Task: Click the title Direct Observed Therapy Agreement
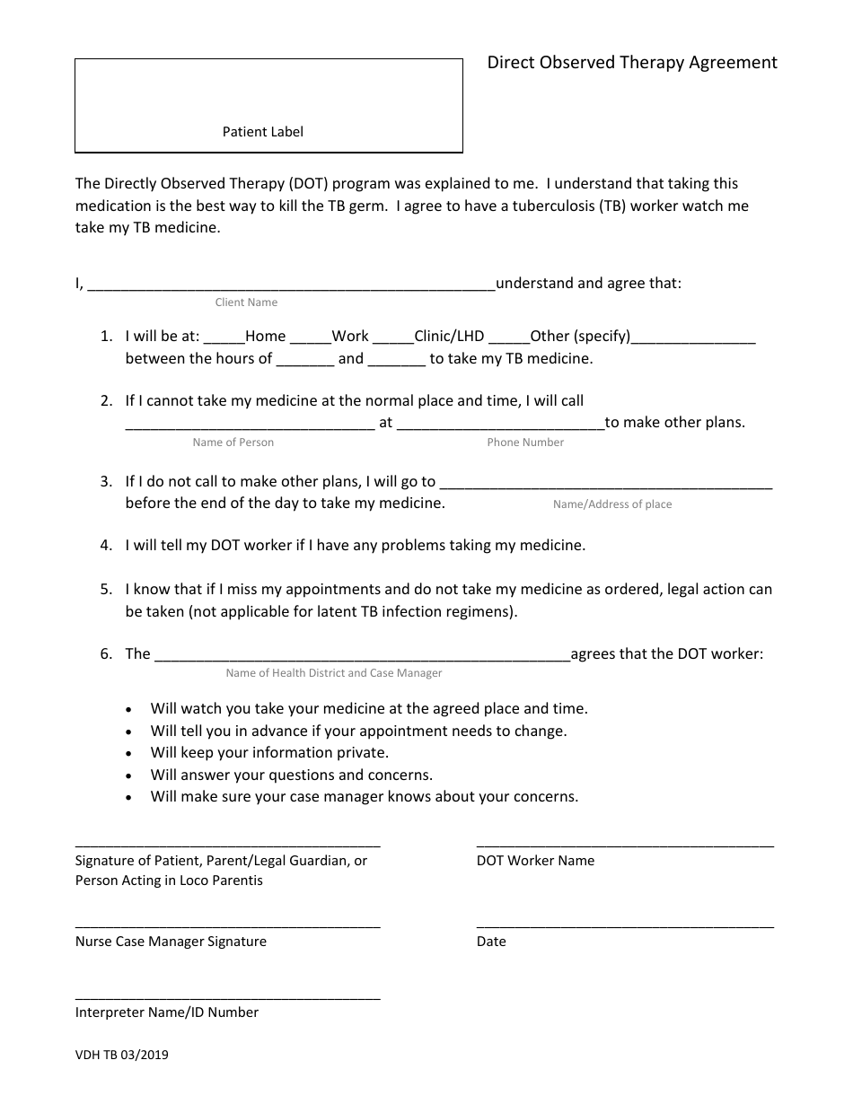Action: coord(632,63)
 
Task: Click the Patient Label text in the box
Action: coord(263,132)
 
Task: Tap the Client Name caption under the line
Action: coord(246,302)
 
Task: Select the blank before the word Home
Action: coord(224,338)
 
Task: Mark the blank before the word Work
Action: coord(311,338)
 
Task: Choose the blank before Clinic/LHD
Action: coord(392,338)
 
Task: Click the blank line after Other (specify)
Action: coord(693,338)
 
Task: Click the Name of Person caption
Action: coord(233,442)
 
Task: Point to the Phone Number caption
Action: coord(525,442)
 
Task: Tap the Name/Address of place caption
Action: coord(612,504)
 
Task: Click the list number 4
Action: coord(106,545)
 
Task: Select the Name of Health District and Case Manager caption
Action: coord(334,673)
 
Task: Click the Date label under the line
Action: coord(491,942)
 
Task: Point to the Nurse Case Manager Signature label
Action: coord(171,942)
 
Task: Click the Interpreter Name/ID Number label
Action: coord(167,1012)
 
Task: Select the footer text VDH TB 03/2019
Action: coord(121,1056)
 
